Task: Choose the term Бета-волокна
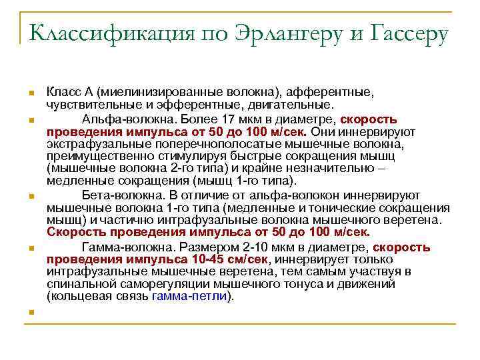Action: point(115,195)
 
